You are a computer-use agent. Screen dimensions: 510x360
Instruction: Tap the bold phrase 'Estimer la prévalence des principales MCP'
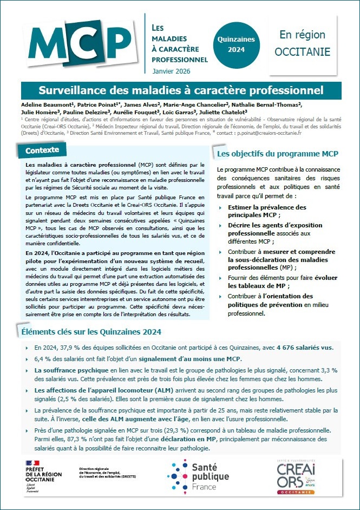pos(267,211)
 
